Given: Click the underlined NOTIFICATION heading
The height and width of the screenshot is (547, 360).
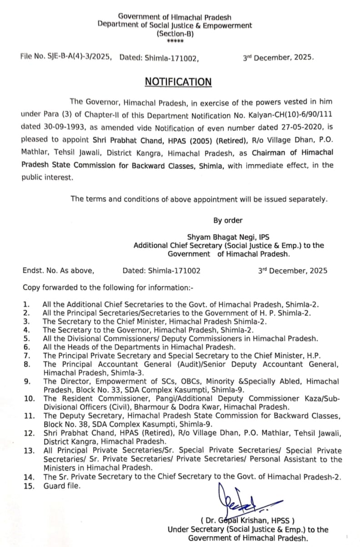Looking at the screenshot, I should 178,82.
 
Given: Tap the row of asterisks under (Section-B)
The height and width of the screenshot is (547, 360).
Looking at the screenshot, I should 175,41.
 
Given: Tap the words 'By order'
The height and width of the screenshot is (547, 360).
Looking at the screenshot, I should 228,220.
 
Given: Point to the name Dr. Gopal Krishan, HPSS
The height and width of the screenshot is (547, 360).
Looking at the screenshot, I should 247,521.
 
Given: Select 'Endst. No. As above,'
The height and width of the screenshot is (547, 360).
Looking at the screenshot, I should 59,271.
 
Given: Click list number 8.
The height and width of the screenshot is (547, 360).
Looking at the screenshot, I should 27,364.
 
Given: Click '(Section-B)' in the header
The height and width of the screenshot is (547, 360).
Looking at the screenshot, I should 175,33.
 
